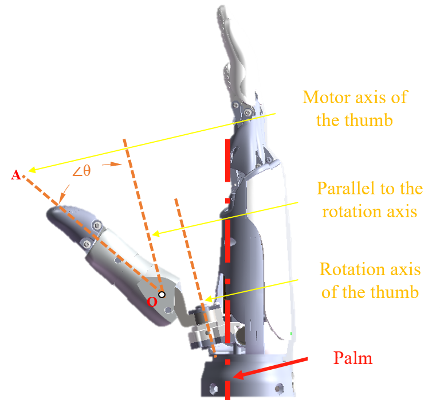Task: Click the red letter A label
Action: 15,175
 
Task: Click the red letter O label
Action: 152,302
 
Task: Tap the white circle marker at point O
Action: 162,295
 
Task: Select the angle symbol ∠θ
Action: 81,171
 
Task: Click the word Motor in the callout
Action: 327,97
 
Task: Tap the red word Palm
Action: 353,358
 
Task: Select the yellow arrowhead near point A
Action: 32,170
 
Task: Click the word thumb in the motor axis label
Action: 368,120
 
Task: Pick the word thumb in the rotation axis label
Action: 394,292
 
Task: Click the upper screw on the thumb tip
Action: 97,225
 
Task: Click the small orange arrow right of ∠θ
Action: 112,164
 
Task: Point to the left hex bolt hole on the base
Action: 213,389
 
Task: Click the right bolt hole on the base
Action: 278,389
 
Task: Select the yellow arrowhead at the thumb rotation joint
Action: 209,299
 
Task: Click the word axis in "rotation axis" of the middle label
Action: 402,211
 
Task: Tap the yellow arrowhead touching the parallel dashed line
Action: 156,233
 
